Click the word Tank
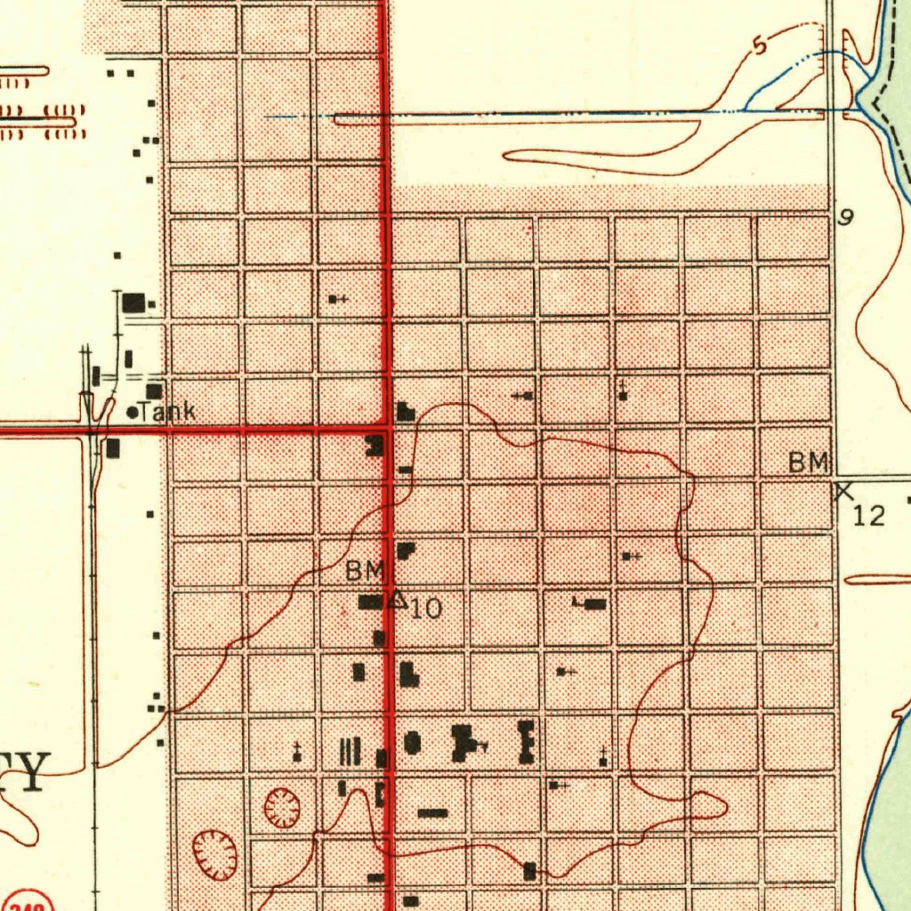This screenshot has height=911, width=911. click(167, 412)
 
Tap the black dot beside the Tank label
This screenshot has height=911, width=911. click(133, 412)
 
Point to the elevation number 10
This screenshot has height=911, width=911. click(426, 609)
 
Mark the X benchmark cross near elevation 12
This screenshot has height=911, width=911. click(843, 489)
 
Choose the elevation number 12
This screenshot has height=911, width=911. click(869, 514)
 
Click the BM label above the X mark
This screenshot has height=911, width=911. click(808, 463)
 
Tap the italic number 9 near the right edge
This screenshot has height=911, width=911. click(846, 217)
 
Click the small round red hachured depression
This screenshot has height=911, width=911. click(282, 808)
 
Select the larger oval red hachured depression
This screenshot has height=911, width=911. click(215, 853)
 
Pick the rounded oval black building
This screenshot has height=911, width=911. click(412, 742)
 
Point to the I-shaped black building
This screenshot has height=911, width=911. click(526, 743)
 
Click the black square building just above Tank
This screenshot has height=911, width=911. click(154, 391)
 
